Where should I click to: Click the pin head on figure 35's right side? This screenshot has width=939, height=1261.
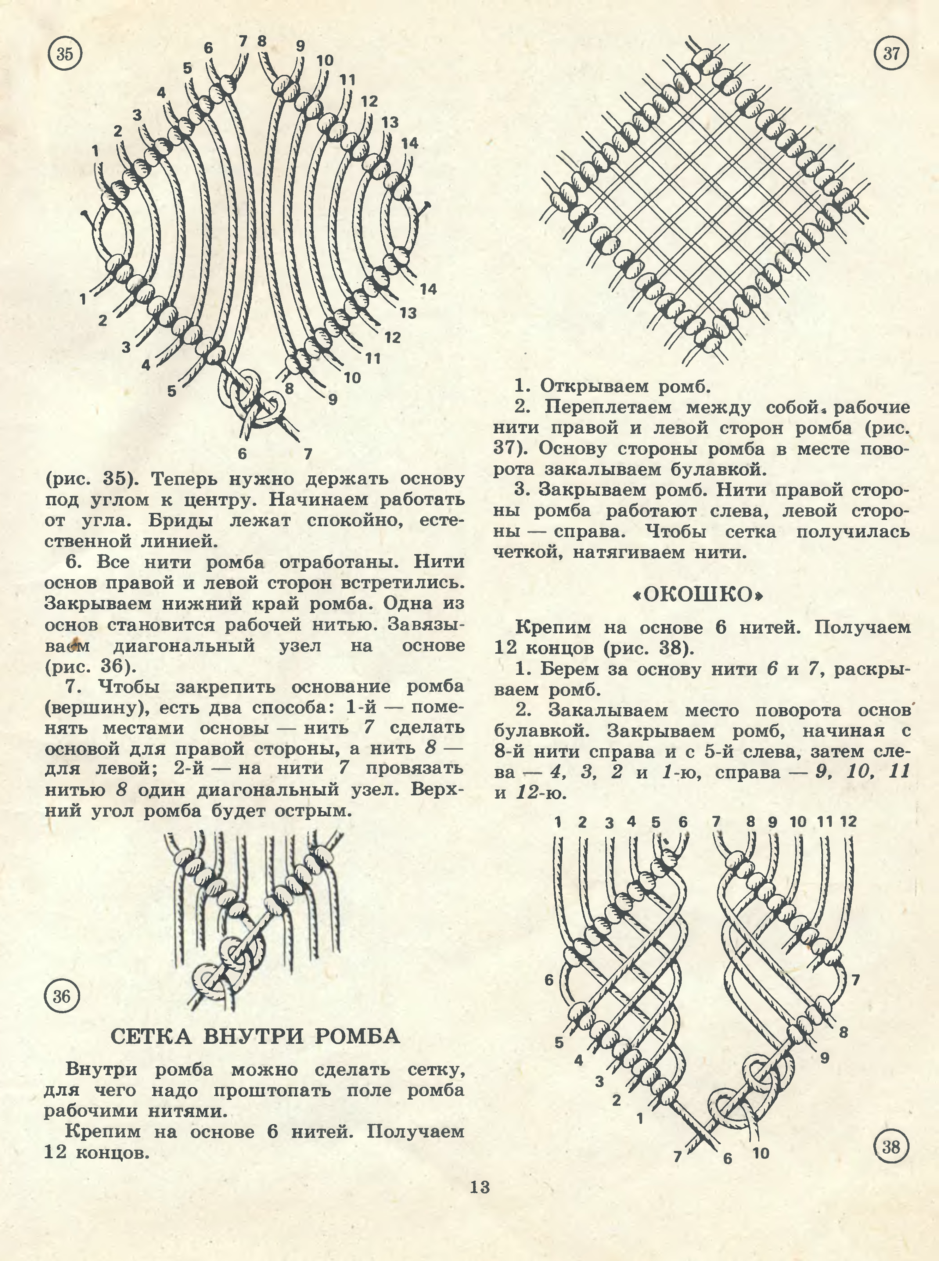coord(427,204)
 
